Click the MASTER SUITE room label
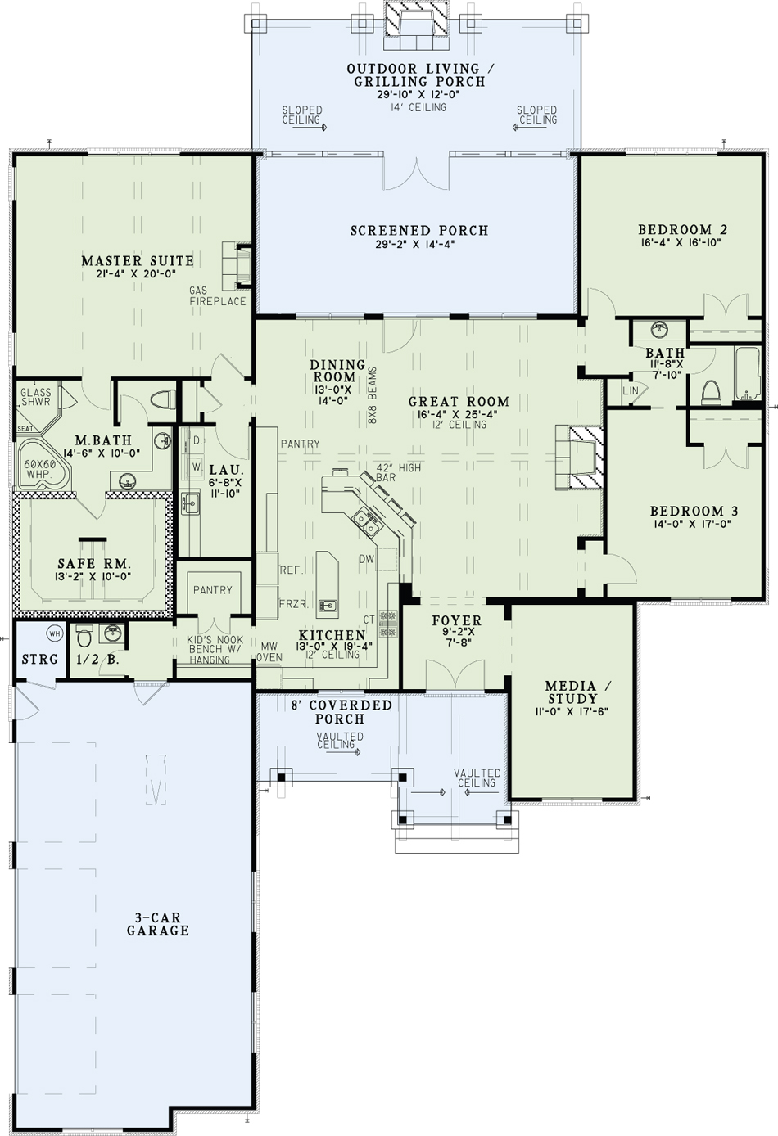(138, 260)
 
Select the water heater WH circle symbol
(54, 633)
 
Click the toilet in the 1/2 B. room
(84, 636)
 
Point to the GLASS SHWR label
(36, 397)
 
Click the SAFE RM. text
(94, 563)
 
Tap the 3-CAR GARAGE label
(158, 924)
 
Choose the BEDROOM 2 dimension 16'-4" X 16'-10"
(681, 242)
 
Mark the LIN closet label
(631, 390)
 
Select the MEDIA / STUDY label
(571, 692)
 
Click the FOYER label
(457, 620)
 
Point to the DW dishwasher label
(366, 559)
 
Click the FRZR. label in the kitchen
(294, 604)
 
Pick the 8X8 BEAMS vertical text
(373, 395)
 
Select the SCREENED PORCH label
(419, 230)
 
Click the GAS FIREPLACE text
(218, 295)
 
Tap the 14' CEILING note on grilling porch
(418, 107)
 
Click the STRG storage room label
(39, 660)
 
